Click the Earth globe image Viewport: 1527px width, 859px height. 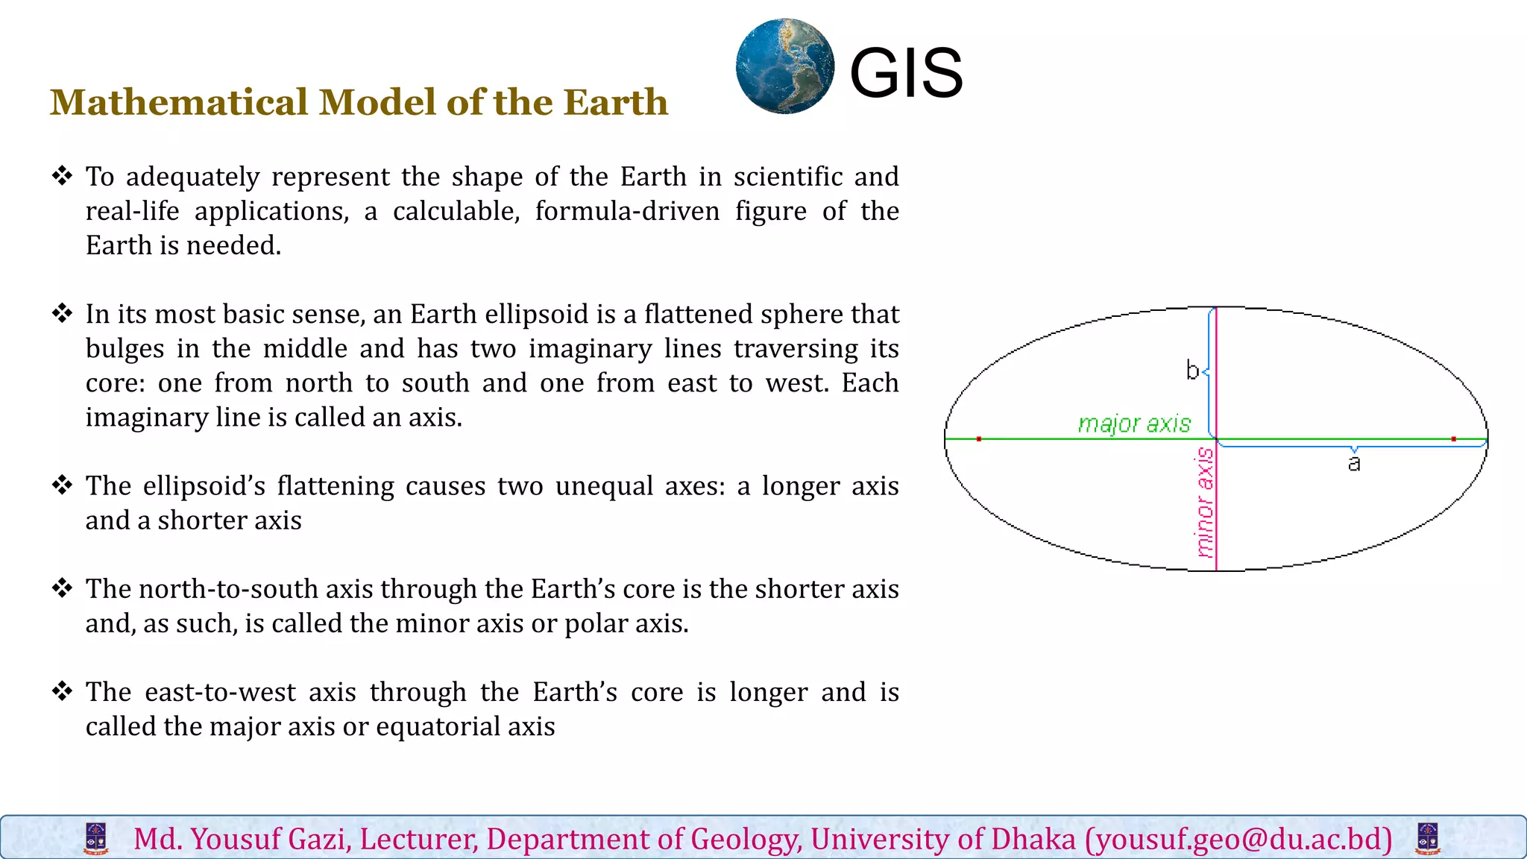785,67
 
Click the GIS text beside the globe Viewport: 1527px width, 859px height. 906,73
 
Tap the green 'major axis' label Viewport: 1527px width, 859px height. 1134,424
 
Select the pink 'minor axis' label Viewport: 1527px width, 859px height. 1205,503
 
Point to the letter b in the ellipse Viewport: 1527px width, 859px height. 1192,370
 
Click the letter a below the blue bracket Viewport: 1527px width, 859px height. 1354,464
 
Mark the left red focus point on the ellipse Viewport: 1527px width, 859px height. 979,439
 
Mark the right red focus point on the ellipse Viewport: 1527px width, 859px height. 1454,439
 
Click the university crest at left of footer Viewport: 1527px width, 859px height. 95,839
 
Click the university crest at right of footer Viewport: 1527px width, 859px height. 1428,839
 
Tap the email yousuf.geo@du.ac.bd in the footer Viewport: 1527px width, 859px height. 1238,840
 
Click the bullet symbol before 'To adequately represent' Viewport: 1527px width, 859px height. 62,176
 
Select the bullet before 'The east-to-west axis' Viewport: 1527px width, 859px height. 62,691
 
